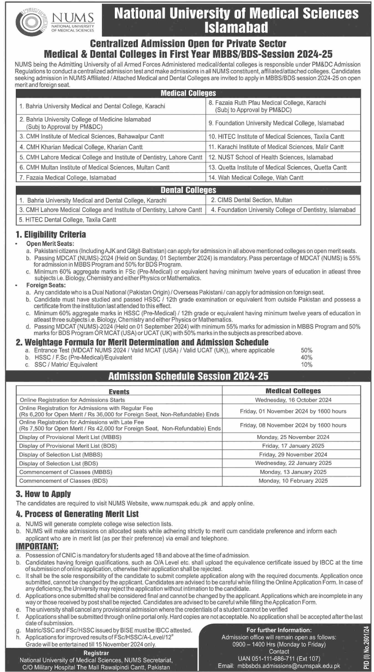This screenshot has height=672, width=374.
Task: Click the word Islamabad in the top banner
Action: (236, 27)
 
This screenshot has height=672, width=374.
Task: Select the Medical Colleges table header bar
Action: (188, 93)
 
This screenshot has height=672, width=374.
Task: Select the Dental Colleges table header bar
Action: (188, 190)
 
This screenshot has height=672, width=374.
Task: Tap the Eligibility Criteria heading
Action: (51, 235)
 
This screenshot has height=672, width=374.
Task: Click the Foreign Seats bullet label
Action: (46, 285)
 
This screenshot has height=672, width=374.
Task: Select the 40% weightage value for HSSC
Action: (307, 357)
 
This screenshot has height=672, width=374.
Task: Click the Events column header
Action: (119, 392)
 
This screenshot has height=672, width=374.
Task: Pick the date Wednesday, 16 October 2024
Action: (293, 400)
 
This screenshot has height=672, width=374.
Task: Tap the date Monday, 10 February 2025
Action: (293, 481)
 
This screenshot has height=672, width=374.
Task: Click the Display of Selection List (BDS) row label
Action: (59, 463)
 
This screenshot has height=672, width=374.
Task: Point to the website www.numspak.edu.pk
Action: (179, 503)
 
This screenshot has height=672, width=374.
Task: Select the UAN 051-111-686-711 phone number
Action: (279, 659)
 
